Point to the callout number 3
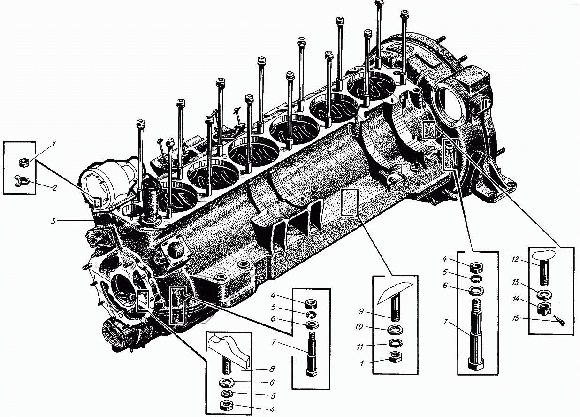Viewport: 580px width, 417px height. coord(54,220)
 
